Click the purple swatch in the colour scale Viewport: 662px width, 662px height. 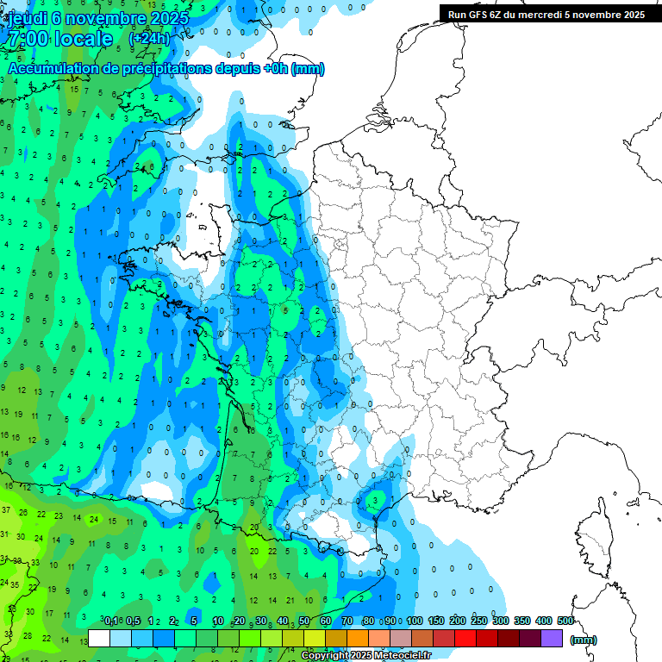tap(552, 638)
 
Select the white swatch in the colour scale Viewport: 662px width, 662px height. tap(99, 638)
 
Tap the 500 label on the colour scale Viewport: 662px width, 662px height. tap(565, 621)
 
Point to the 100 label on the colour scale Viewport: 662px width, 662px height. tap(415, 621)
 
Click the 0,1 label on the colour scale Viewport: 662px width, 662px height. tap(111, 621)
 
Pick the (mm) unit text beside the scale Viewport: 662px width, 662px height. tap(584, 640)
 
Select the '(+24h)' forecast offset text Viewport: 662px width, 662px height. tap(149, 39)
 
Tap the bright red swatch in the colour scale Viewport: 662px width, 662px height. tap(465, 638)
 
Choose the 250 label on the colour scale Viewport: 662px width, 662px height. tap(479, 621)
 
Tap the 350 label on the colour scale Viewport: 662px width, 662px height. tap(522, 621)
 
